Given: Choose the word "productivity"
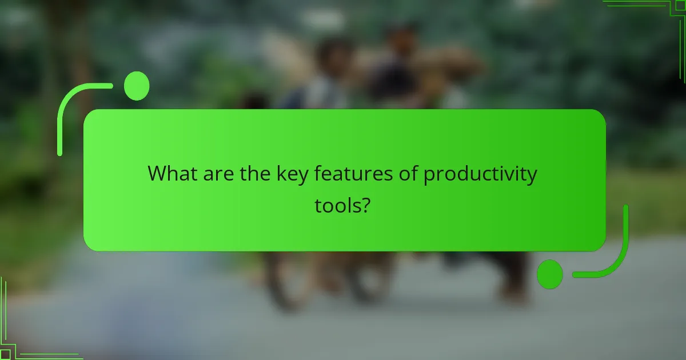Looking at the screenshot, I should point(480,174).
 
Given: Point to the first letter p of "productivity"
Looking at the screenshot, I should point(429,176).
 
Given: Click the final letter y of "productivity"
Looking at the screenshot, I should point(532,176).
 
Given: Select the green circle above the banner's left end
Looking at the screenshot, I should point(136,86).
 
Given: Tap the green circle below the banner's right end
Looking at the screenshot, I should point(549,274).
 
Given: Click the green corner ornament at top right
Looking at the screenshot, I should point(657,11).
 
